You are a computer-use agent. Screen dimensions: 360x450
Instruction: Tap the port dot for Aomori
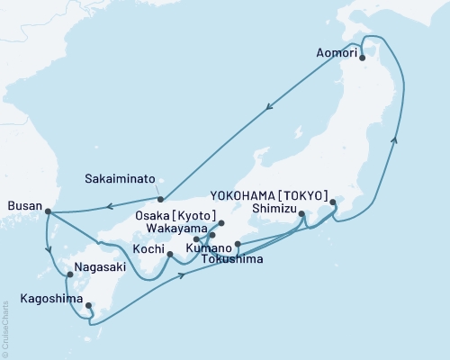coord(362,58)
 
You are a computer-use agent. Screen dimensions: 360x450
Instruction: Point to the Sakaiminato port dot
coord(159,199)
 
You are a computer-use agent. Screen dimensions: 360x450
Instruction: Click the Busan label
coord(24,206)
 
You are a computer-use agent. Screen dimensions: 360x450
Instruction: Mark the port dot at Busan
coord(47,212)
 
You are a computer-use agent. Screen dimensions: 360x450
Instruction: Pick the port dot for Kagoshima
coord(87,305)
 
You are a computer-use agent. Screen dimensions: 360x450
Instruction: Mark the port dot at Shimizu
coord(301,213)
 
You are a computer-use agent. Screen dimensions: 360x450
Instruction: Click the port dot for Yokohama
coord(333,202)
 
